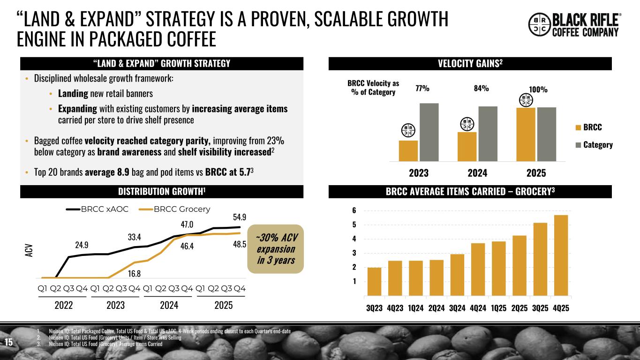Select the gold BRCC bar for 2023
(408, 150)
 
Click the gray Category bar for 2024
(488, 134)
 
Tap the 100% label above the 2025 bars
(538, 89)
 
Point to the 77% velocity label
(422, 88)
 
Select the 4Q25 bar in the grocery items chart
(561, 255)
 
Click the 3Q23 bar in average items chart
(374, 281)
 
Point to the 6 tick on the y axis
(354, 211)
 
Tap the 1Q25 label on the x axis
(497, 308)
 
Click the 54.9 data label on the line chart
(240, 217)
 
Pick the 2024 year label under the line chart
(169, 306)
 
